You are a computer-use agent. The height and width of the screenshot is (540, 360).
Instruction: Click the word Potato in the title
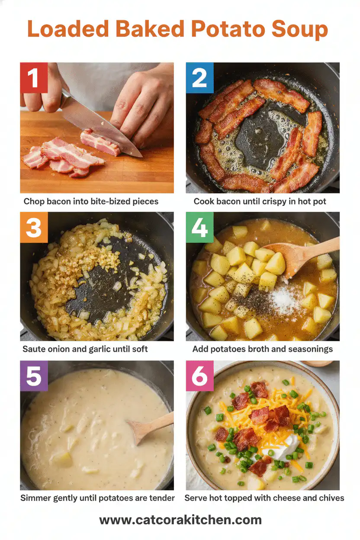[x=228, y=29]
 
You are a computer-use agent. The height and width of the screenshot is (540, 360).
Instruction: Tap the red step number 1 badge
[x=34, y=77]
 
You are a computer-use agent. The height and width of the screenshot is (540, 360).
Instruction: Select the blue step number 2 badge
[x=200, y=77]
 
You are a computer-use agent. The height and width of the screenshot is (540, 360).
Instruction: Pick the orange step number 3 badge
[x=34, y=227]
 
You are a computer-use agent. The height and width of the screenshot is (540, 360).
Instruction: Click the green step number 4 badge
[x=200, y=227]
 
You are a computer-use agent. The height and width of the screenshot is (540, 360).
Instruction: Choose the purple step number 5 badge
[x=34, y=376]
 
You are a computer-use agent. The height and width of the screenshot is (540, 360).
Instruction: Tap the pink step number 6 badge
[x=200, y=376]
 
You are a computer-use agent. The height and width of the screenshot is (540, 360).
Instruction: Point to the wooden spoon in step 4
[x=299, y=255]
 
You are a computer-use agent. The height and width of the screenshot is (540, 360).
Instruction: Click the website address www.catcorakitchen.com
[x=180, y=520]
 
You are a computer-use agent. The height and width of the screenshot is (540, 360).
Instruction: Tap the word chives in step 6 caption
[x=331, y=498]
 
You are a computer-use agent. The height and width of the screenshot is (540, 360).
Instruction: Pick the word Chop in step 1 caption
[x=34, y=201]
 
